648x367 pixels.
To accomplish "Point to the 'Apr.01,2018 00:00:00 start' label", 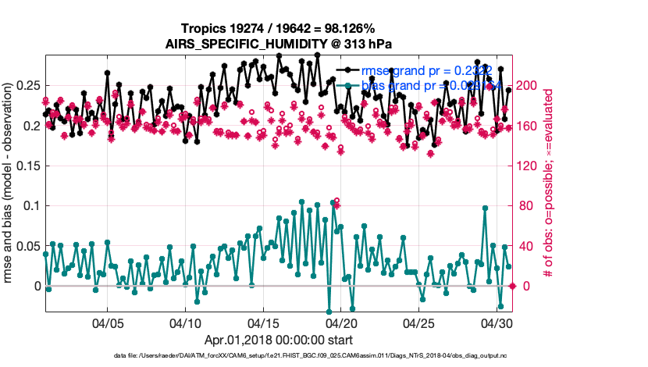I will [x=278, y=340].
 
